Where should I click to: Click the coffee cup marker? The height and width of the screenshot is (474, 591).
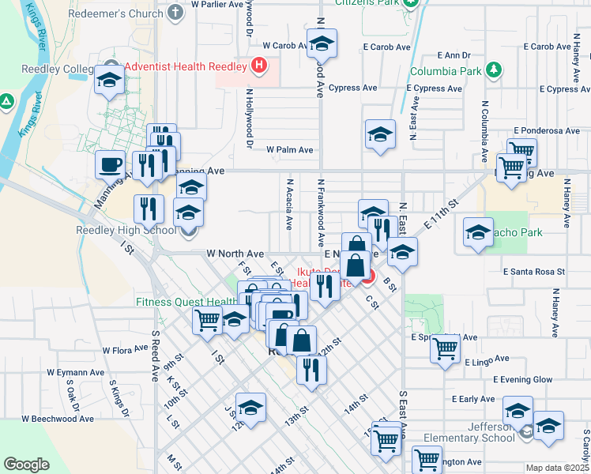click(110, 164)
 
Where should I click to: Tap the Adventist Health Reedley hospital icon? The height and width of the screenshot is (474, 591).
click(258, 65)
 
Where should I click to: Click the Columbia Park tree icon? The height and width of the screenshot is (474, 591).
click(494, 70)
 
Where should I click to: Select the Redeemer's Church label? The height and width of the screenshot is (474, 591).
click(126, 13)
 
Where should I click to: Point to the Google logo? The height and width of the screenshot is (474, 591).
click(26, 465)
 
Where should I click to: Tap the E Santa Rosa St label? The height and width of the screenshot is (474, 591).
click(533, 271)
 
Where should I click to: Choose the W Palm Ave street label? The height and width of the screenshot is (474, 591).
click(290, 149)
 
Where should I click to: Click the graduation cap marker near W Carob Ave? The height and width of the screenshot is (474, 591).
click(322, 43)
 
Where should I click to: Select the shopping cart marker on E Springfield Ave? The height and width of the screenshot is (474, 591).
click(446, 347)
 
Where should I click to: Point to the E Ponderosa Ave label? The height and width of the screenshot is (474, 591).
click(547, 130)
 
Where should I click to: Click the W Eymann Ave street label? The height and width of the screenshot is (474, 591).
click(75, 371)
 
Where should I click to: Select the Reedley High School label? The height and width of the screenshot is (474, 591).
click(126, 231)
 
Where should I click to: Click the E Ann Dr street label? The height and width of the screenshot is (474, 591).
click(454, 55)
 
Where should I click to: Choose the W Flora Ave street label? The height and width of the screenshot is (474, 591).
click(126, 349)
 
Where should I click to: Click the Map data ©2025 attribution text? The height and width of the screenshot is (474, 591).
click(558, 468)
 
